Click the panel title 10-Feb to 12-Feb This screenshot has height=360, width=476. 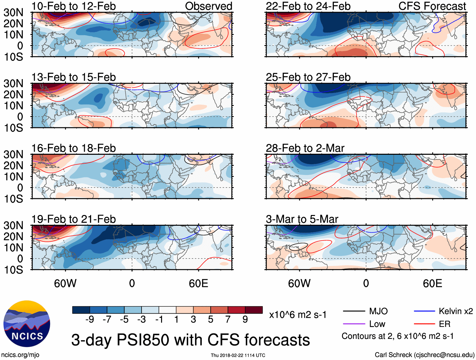[x=73, y=6]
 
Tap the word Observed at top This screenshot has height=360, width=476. [x=208, y=6]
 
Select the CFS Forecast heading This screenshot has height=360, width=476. [x=432, y=6]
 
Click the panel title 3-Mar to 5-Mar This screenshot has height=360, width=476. [x=302, y=219]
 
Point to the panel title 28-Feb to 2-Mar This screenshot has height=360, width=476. [x=305, y=148]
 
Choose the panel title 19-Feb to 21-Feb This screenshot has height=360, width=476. [x=73, y=219]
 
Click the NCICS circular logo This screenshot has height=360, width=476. [x=27, y=324]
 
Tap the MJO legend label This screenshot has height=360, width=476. [x=378, y=311]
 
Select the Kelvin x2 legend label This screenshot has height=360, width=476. [x=456, y=311]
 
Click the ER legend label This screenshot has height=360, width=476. [x=444, y=324]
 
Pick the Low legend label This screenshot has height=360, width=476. [x=377, y=324]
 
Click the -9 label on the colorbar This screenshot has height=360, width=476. [x=90, y=320]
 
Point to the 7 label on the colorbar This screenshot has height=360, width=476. [x=228, y=320]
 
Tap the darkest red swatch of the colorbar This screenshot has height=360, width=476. [x=254, y=310]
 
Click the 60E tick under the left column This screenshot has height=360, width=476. [x=198, y=283]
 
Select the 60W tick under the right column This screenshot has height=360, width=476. [x=299, y=283]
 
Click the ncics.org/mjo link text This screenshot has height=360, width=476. [x=20, y=355]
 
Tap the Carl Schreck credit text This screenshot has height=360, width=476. [x=424, y=355]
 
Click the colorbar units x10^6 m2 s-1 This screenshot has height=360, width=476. [x=298, y=315]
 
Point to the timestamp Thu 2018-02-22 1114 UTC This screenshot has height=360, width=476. [x=238, y=355]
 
